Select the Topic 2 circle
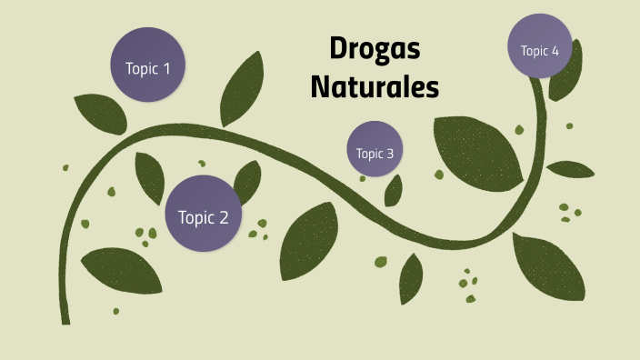point(203,215)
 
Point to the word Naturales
point(375,86)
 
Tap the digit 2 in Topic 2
point(235,217)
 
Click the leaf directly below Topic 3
point(394,190)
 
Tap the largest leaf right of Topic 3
point(477,151)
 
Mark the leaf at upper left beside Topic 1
point(100,113)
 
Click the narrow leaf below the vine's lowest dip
point(411,278)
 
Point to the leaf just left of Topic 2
point(150,176)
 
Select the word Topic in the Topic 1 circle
point(140,68)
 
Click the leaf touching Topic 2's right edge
point(246,183)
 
